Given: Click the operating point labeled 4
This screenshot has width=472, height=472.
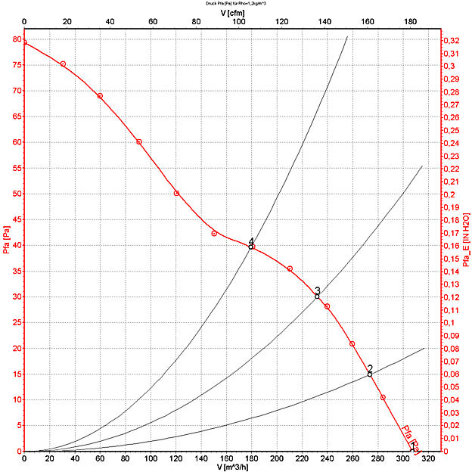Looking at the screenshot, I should (251, 247).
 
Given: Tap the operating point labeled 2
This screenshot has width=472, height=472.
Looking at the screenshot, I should (370, 374).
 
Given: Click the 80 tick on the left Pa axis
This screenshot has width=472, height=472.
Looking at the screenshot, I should (17, 39).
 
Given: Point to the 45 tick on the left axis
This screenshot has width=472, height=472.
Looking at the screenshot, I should (17, 219).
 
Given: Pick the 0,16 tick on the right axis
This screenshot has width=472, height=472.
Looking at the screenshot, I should (450, 246).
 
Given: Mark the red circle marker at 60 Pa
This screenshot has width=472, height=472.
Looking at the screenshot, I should (139, 142).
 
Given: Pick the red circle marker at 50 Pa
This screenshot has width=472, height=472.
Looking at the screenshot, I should (177, 193).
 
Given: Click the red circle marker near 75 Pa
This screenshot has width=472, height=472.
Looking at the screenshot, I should (63, 64).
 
